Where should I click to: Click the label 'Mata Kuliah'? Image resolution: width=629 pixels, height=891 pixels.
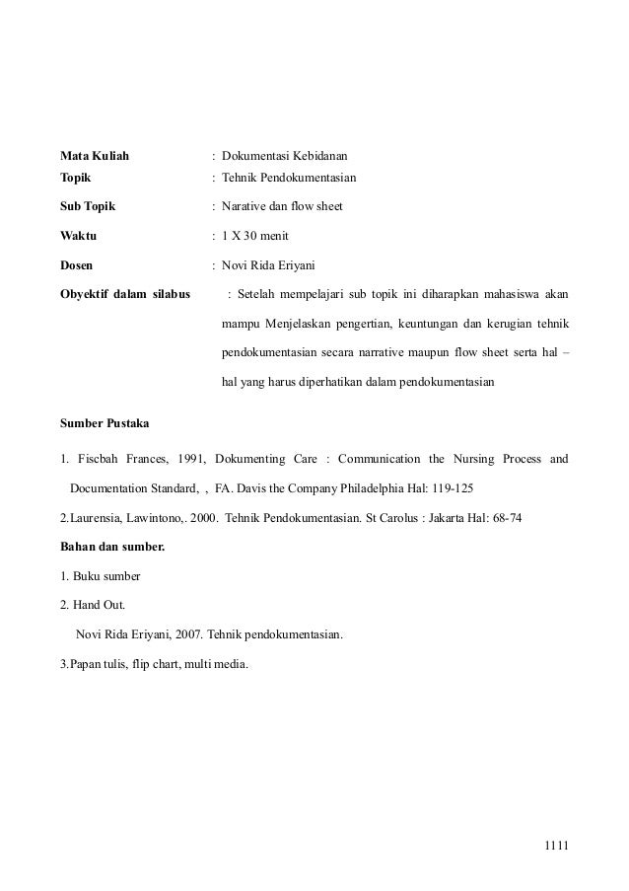click(x=95, y=155)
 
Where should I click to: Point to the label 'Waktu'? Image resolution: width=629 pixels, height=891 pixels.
click(x=79, y=236)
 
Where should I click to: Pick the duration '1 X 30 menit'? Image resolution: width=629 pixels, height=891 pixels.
click(x=254, y=236)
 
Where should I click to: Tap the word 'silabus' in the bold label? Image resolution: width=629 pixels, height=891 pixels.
click(x=169, y=293)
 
